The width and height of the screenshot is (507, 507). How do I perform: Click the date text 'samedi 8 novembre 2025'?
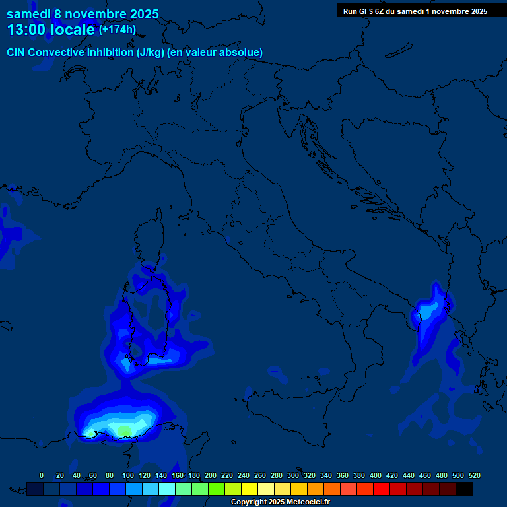click(83, 13)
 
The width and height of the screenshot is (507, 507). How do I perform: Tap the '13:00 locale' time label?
click(51, 30)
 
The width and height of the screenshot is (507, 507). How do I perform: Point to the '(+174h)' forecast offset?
click(118, 30)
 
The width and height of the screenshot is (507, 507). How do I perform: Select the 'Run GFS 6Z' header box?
click(415, 11)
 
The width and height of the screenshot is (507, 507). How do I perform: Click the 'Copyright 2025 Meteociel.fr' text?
click(280, 502)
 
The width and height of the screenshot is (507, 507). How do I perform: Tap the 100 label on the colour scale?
click(128, 475)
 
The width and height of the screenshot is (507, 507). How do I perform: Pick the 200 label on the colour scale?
click(211, 475)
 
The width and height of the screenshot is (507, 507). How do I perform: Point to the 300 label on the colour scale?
click(293, 475)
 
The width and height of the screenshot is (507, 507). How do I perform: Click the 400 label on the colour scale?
click(376, 475)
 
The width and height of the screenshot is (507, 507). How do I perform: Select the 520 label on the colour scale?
click(474, 475)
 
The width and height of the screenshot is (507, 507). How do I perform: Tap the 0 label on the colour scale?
click(42, 475)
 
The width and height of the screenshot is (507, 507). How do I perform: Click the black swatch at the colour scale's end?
click(465, 489)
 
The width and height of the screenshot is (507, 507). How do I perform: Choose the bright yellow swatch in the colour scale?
click(250, 489)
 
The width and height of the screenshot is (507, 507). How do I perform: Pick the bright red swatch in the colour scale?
click(382, 489)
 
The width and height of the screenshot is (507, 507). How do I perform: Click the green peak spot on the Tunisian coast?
click(124, 431)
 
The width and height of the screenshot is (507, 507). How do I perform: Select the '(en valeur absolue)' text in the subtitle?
click(216, 52)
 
